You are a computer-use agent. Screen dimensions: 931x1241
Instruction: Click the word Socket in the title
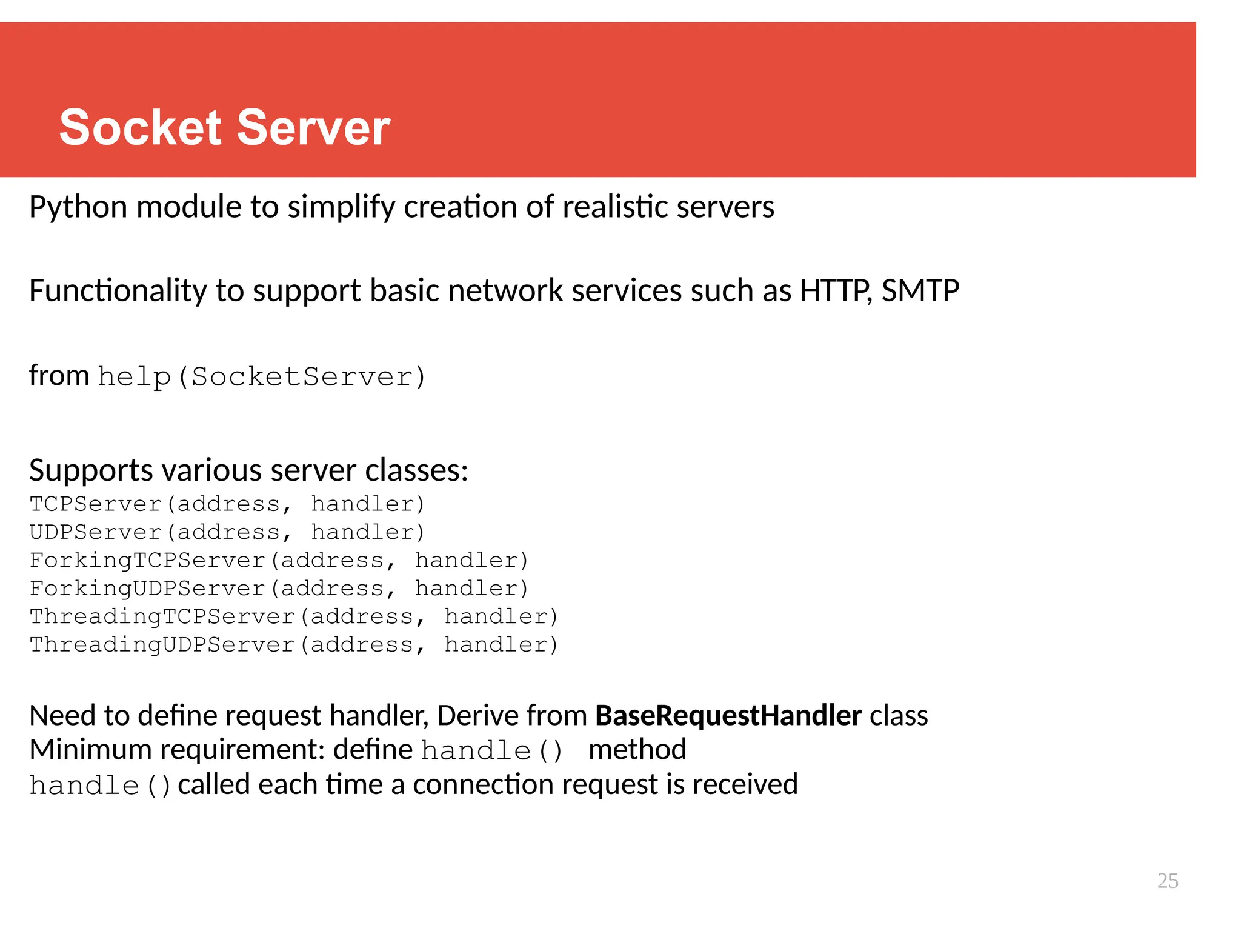pos(141,128)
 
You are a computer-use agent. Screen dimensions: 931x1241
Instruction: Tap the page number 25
pos(1167,881)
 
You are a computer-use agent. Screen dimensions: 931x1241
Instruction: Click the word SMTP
pos(920,291)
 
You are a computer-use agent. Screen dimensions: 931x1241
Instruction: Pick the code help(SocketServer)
pos(262,377)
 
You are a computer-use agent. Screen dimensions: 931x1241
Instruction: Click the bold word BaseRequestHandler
pos(728,716)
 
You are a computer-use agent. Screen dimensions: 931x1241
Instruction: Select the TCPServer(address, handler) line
pos(227,504)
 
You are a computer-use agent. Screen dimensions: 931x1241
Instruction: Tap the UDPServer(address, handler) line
pos(227,532)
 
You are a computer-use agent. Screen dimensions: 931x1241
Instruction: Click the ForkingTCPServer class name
pos(147,561)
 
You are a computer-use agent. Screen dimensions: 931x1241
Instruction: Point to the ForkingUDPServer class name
pos(147,589)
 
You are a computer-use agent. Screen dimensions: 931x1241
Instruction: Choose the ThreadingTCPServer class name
pos(162,616)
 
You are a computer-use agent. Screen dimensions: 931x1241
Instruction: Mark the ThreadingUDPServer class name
pos(162,645)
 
